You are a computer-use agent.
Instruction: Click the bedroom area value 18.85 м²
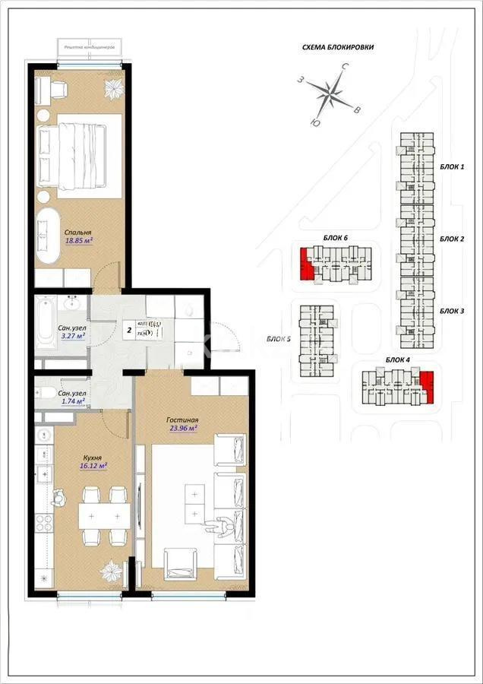79,241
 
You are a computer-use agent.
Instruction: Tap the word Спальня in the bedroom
78,232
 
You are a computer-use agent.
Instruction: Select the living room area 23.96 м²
182,427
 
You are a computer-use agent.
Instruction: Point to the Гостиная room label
182,419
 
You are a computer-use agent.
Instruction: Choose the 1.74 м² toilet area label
72,401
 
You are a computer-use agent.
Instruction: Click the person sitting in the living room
223,524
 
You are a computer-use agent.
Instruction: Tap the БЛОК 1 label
452,166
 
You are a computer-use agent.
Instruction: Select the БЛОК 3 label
452,312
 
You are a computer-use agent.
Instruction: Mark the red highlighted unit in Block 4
428,385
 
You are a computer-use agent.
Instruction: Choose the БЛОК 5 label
279,340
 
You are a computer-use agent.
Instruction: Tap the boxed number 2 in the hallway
129,330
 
